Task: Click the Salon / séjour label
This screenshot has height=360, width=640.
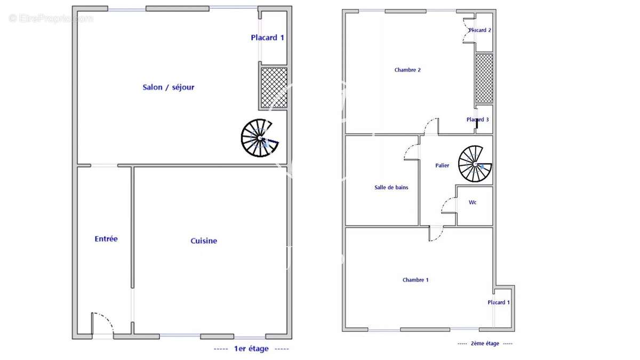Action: [169, 87]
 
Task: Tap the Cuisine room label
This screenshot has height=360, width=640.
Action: [204, 241]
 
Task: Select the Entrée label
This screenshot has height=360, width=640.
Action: [106, 239]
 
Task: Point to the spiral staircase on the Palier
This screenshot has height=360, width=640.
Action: [475, 164]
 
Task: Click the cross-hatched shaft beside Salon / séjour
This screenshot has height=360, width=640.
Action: [274, 88]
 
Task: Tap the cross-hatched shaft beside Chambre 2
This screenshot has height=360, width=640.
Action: [484, 78]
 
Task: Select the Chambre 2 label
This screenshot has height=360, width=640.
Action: [407, 70]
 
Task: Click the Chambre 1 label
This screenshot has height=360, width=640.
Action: [415, 279]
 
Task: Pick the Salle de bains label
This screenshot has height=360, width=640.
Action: [391, 187]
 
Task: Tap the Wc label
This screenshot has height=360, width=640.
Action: [473, 202]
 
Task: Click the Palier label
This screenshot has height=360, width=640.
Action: [442, 165]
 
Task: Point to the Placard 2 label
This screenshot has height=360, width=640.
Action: [480, 30]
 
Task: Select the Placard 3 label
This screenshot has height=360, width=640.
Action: [478, 119]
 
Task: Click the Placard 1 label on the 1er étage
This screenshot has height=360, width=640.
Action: [267, 37]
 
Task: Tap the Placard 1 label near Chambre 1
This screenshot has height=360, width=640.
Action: [499, 302]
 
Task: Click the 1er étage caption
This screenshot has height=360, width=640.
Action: [251, 349]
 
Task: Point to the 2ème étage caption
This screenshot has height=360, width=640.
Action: [485, 343]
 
